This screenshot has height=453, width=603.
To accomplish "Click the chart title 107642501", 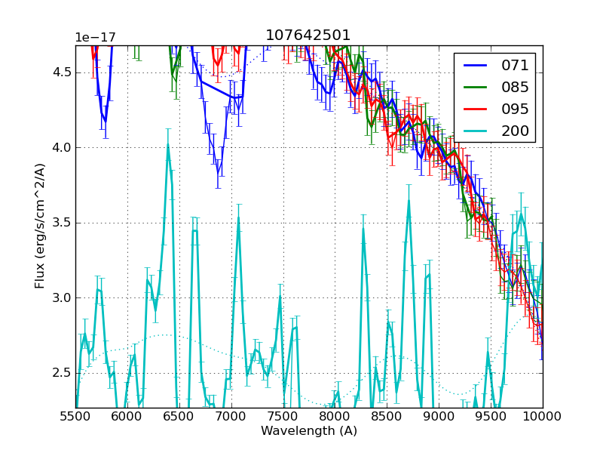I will click(x=308, y=35).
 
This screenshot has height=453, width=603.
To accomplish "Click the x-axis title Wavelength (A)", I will click(x=309, y=431).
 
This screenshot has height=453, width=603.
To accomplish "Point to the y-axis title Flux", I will click(x=40, y=226).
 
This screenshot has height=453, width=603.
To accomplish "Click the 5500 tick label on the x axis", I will click(x=75, y=416).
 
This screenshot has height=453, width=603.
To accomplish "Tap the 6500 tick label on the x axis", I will click(x=179, y=416).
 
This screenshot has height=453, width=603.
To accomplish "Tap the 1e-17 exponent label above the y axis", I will click(x=93, y=39).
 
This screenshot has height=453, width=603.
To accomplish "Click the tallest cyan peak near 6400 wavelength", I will click(x=168, y=144).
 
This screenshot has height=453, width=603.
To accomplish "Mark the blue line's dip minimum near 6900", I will click(x=218, y=172).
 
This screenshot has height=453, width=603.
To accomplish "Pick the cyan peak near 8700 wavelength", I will click(x=409, y=201).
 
